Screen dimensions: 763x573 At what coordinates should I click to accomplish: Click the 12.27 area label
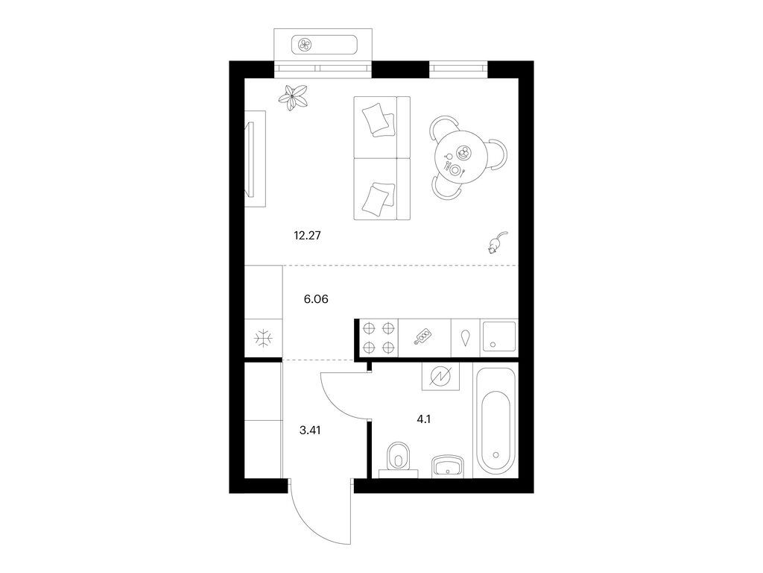click(x=307, y=236)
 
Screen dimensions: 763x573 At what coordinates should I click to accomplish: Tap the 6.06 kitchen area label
click(x=316, y=299)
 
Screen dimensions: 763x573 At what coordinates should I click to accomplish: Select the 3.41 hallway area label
click(x=310, y=430)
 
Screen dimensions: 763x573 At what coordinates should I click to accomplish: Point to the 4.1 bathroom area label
click(x=424, y=419)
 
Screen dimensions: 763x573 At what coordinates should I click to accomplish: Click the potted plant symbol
click(x=293, y=98)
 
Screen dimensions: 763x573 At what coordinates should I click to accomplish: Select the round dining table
click(x=461, y=157)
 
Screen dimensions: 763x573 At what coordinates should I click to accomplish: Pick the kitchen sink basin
click(x=498, y=336)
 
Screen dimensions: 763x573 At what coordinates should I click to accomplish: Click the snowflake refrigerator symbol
click(x=263, y=338)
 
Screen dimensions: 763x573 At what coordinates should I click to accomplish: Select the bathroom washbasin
click(x=447, y=466)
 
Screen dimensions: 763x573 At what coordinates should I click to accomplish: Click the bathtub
click(x=495, y=422)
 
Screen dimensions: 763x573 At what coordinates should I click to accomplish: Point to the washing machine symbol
click(x=441, y=377)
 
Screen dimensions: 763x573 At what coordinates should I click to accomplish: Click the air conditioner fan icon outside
click(x=305, y=46)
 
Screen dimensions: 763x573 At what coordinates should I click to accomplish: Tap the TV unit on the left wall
click(x=255, y=159)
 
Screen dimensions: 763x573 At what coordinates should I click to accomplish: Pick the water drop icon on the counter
click(x=466, y=338)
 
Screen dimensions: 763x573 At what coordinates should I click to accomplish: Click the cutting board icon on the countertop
click(x=422, y=336)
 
